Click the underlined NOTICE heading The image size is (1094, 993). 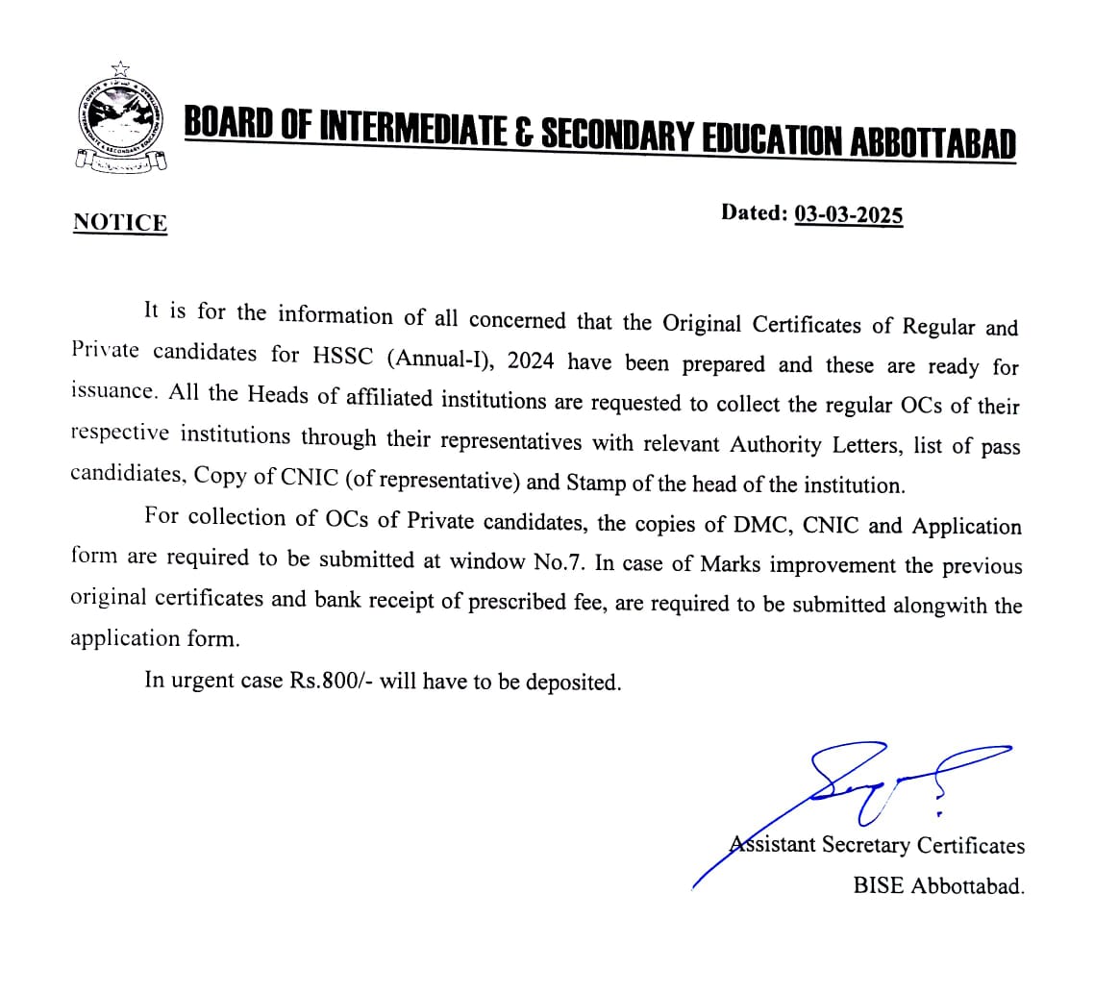[x=120, y=223]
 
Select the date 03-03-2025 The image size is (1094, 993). [x=849, y=214]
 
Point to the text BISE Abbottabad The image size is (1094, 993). [x=938, y=886]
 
